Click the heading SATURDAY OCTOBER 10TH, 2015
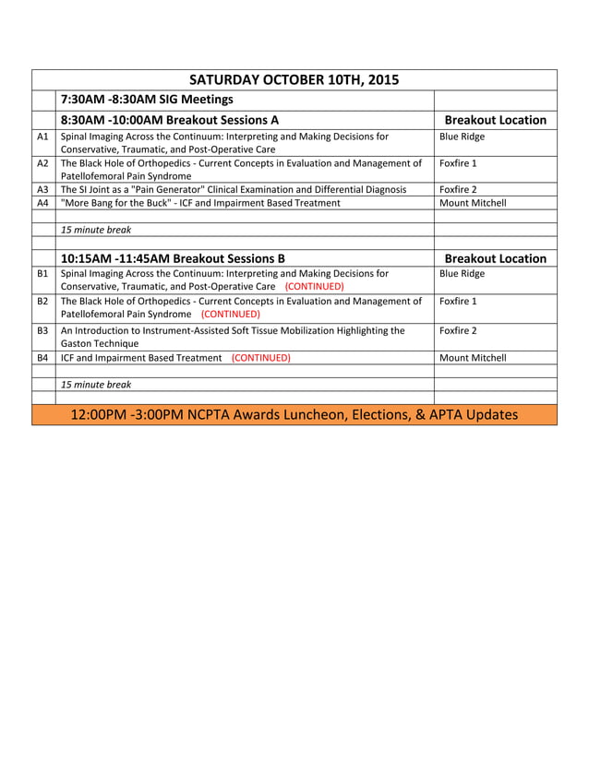point(294,79)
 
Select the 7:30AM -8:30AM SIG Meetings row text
point(146,100)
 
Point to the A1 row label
point(42,137)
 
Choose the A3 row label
point(42,189)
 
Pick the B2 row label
point(42,301)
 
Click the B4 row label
point(42,357)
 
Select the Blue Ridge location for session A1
point(462,137)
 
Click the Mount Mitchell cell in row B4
point(473,357)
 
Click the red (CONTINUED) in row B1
point(314,286)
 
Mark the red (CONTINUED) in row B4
point(260,357)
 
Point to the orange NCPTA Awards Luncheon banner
point(294,415)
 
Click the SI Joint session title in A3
point(233,189)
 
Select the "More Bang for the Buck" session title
point(199,203)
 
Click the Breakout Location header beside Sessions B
point(495,258)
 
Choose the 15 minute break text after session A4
point(95,230)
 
